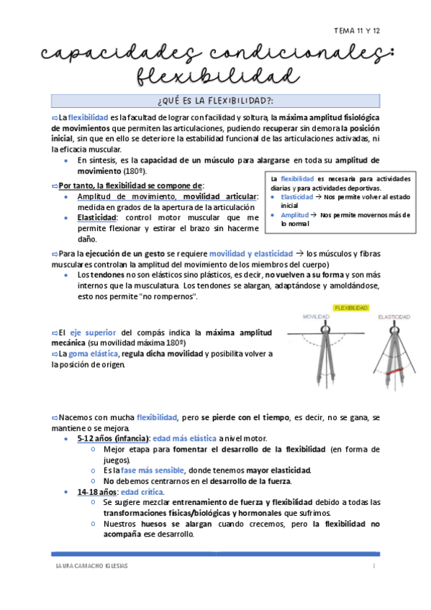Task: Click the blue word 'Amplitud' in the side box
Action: pos(294,214)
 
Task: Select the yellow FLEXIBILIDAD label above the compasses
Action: pos(351,308)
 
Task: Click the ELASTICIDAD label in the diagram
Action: pos(394,317)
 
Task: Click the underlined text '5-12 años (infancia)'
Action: pos(112,439)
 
